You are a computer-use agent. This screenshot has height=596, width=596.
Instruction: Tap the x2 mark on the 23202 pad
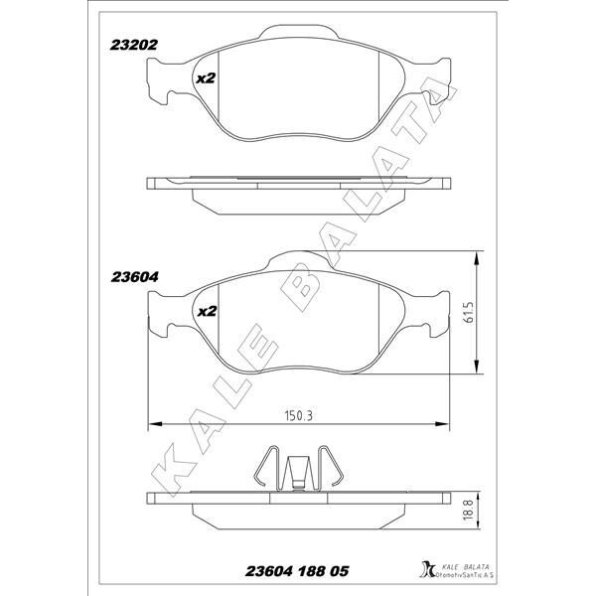(x=206, y=78)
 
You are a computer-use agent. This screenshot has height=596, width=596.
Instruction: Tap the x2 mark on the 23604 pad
(x=207, y=312)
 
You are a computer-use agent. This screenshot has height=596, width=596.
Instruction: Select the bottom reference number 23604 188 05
(x=297, y=572)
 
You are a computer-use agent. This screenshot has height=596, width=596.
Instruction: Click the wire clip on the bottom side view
(x=298, y=467)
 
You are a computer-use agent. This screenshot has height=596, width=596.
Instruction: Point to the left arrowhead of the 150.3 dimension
(x=153, y=426)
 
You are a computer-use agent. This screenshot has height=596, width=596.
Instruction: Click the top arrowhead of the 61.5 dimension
(x=481, y=257)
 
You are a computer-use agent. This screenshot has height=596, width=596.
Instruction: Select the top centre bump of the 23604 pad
(x=298, y=260)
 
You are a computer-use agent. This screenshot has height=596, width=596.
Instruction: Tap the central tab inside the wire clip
(x=298, y=473)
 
